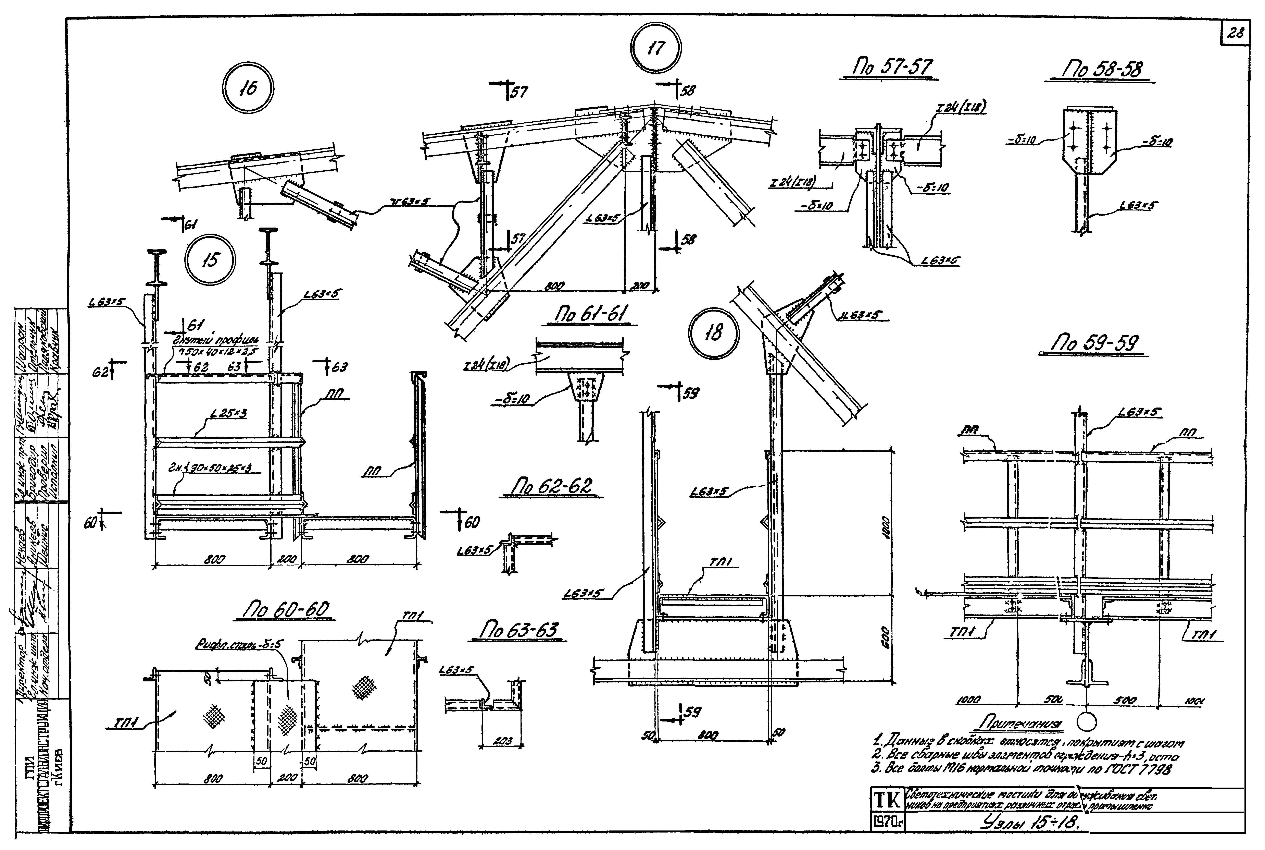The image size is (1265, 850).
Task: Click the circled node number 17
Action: tap(656, 48)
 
